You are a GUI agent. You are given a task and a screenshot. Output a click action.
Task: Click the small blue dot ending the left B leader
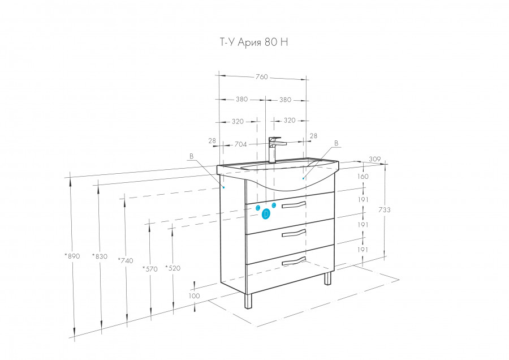pyautogui.click(x=223, y=187)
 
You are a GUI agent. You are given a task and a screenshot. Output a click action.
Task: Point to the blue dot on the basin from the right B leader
pyautogui.click(x=303, y=178)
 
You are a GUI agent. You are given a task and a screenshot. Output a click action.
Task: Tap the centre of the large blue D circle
pyautogui.click(x=266, y=214)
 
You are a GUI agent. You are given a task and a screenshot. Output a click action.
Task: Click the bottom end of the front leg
pyautogui.click(x=248, y=308)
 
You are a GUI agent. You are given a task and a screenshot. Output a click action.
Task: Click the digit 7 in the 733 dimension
pyautogui.click(x=381, y=210)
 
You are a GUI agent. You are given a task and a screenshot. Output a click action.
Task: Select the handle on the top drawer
pyautogui.click(x=294, y=205)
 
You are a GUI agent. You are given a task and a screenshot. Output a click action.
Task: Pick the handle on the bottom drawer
pyautogui.click(x=294, y=261)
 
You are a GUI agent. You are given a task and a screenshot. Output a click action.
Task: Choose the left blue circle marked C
pyautogui.click(x=258, y=208)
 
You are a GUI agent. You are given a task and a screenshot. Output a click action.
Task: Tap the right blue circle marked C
pyautogui.click(x=274, y=205)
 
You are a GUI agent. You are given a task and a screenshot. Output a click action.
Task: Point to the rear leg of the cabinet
pyautogui.click(x=328, y=278)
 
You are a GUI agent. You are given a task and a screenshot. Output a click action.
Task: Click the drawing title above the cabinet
pyautogui.click(x=254, y=42)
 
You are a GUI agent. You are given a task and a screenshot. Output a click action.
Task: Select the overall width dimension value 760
pyautogui.click(x=262, y=76)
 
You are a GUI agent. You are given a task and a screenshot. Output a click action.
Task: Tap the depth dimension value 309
pyautogui.click(x=375, y=159)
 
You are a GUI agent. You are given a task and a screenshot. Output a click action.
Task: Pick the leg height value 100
pyautogui.click(x=194, y=295)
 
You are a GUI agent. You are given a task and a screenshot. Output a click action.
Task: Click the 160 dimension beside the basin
pyautogui.click(x=363, y=177)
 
